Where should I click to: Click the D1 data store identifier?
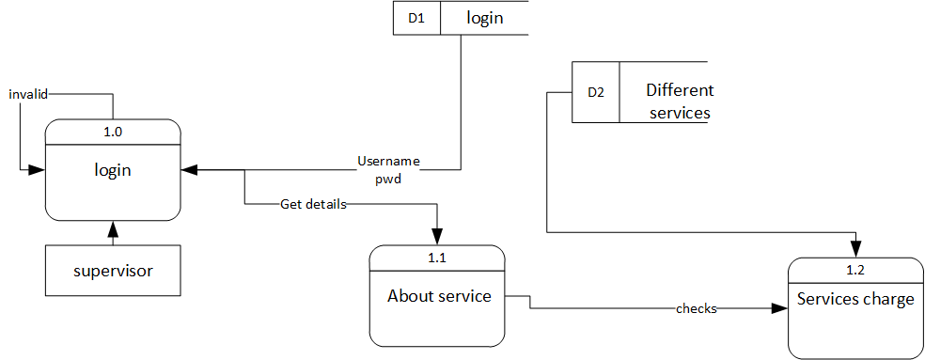click(x=416, y=18)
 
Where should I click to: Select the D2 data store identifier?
click(x=596, y=92)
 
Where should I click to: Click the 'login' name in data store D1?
click(x=484, y=18)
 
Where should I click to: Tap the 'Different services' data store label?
click(x=679, y=102)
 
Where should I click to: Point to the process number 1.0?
click(x=113, y=132)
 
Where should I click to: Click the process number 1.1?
click(x=437, y=257)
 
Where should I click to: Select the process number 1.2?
click(x=854, y=270)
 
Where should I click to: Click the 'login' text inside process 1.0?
click(x=113, y=170)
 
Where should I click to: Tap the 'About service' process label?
click(x=439, y=296)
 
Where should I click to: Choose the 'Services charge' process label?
click(x=855, y=300)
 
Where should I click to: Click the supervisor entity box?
click(x=113, y=272)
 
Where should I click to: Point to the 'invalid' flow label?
click(x=28, y=94)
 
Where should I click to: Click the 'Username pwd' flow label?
click(x=387, y=169)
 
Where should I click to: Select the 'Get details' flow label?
click(x=313, y=203)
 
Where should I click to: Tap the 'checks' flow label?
click(x=697, y=308)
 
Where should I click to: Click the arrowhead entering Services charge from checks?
click(x=779, y=308)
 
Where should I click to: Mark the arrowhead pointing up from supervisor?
click(x=113, y=228)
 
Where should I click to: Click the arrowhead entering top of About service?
click(x=437, y=237)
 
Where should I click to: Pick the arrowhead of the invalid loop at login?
click(x=38, y=170)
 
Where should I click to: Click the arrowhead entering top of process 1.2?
click(x=855, y=249)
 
